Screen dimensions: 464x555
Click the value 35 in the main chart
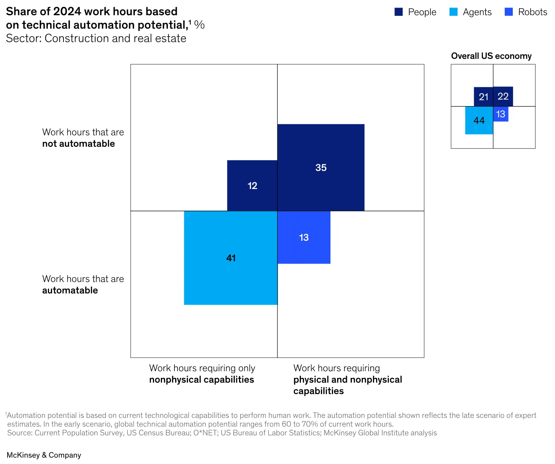point(321,168)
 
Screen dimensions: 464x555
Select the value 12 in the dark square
point(252,186)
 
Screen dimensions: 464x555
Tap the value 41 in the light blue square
point(231,258)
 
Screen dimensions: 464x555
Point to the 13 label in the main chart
point(304,237)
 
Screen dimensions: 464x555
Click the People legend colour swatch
point(399,12)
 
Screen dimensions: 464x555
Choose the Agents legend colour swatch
point(453,12)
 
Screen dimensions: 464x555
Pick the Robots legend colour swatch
point(509,12)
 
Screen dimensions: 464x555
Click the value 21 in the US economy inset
point(484,97)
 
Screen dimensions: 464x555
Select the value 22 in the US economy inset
point(503,96)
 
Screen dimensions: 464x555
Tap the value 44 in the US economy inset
point(479,120)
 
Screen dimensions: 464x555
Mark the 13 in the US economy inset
point(501,114)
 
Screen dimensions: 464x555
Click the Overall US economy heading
point(491,56)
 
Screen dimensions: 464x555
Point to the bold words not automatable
point(79,144)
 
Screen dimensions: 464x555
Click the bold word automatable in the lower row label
point(70,290)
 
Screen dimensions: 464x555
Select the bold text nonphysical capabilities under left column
point(202,380)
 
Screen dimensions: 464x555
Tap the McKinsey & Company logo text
point(44,455)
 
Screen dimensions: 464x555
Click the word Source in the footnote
point(19,433)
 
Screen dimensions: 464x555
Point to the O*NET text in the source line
point(205,433)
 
